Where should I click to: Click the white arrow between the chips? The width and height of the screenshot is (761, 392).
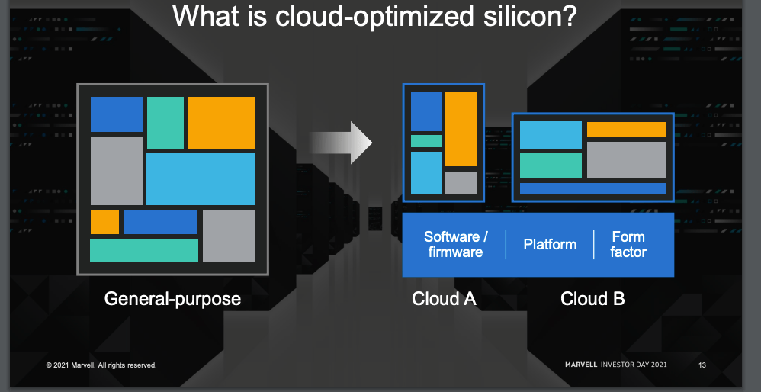click(341, 143)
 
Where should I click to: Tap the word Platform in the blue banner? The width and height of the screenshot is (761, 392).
click(550, 245)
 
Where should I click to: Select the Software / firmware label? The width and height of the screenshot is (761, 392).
click(456, 245)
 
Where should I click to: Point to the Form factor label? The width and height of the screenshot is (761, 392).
click(628, 245)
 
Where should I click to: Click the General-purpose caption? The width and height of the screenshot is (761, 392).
click(172, 298)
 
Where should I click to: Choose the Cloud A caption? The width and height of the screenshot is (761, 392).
click(444, 298)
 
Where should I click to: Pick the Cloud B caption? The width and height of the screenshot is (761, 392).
click(592, 298)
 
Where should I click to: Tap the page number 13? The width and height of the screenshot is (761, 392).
click(702, 365)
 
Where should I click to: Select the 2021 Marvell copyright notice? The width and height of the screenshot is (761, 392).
click(101, 365)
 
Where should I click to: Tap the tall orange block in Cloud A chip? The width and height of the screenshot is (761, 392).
click(461, 129)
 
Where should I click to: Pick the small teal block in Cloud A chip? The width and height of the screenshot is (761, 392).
click(426, 141)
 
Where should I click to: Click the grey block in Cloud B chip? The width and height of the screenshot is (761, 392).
click(626, 160)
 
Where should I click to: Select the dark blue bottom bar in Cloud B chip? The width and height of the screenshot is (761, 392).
click(592, 188)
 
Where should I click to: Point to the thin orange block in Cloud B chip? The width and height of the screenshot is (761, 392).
click(626, 130)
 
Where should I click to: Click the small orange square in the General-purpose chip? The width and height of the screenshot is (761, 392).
click(104, 222)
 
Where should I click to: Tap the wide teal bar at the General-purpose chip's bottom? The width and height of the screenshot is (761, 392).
click(144, 250)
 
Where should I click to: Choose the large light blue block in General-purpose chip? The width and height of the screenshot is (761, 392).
click(201, 179)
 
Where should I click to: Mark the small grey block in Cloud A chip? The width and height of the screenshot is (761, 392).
click(461, 182)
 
